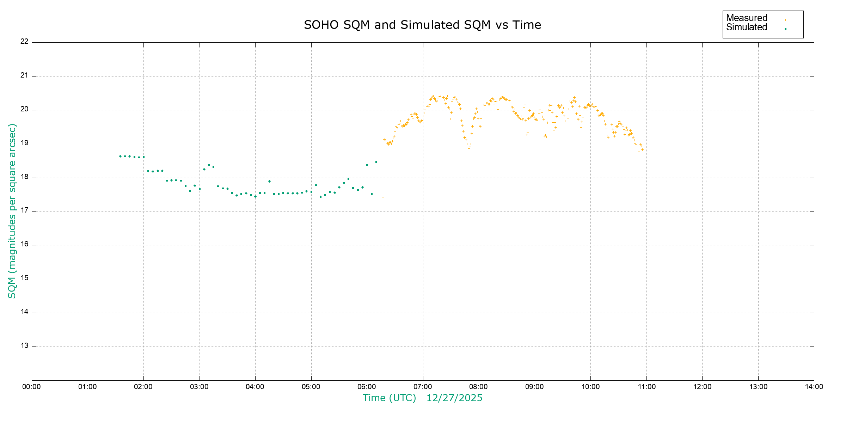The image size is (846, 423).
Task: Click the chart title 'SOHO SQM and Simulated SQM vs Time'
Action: click(422, 25)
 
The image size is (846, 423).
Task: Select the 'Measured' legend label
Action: click(747, 18)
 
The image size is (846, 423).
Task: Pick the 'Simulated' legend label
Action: click(747, 27)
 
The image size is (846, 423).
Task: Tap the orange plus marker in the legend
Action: click(785, 20)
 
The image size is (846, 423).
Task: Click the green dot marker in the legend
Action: click(785, 29)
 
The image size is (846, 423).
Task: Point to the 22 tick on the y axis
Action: click(24, 41)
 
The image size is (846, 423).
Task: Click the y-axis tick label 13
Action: click(24, 345)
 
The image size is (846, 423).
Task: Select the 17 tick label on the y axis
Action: click(24, 210)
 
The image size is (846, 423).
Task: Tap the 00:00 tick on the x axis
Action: click(32, 387)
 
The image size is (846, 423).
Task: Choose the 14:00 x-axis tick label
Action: click(814, 387)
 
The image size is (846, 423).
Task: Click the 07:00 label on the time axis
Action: click(423, 387)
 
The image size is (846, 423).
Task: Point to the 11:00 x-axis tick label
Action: click(646, 387)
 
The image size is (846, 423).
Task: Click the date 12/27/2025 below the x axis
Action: click(454, 398)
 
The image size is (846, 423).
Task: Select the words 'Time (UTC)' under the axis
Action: click(390, 398)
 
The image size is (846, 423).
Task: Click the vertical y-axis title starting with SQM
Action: click(12, 211)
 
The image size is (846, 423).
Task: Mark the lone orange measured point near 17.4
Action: click(383, 197)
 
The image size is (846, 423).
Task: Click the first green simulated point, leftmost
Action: click(120, 156)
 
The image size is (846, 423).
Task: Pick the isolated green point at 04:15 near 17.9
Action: click(269, 181)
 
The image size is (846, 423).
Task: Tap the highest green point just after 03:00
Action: click(209, 165)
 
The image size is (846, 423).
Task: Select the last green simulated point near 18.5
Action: click(376, 162)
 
